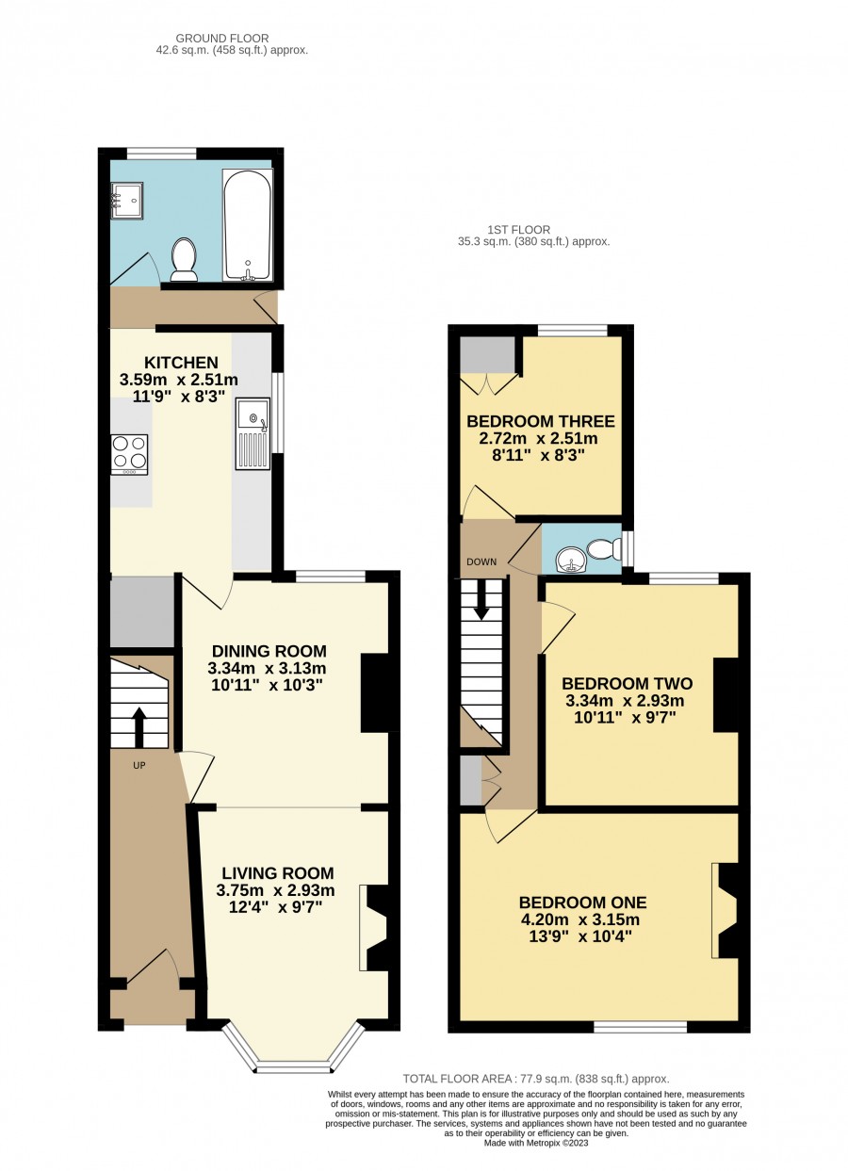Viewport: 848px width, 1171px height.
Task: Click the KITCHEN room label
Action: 182,362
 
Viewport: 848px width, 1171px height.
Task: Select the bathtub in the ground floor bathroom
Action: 247,224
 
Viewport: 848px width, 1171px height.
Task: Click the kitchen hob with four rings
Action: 130,454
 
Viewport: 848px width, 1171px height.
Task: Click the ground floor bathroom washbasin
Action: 127,200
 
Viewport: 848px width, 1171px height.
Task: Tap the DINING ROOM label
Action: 269,651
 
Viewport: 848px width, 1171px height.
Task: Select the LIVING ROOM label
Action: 278,872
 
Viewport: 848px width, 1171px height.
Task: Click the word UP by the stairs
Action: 139,765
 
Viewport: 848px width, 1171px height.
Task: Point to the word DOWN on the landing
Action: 481,562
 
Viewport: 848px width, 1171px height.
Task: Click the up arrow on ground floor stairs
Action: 139,726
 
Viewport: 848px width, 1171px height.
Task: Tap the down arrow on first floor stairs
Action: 481,599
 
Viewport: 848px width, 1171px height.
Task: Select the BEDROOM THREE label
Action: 541,421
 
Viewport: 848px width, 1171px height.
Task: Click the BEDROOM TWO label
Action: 627,683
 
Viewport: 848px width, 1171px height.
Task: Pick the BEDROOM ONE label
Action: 583,903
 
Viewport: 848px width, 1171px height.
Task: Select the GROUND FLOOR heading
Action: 222,39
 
